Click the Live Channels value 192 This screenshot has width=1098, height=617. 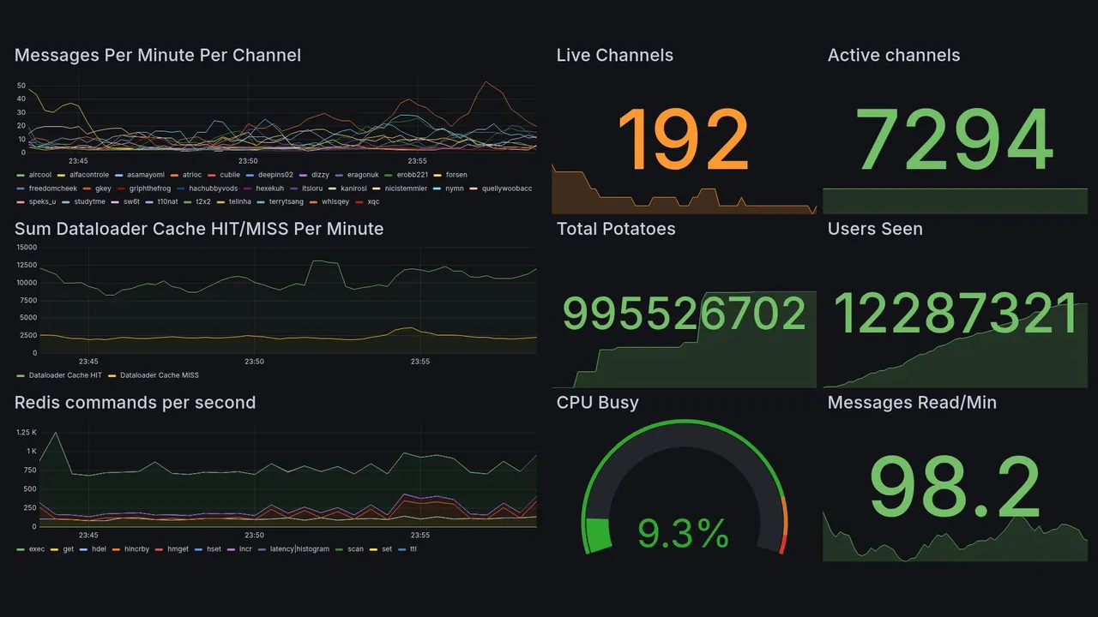pos(683,140)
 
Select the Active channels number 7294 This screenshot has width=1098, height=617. pos(955,140)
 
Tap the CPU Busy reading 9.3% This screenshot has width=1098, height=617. pos(683,534)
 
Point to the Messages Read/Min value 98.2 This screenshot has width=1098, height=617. pos(955,488)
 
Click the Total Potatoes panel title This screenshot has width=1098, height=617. pos(615,229)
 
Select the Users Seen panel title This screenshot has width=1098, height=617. pos(875,229)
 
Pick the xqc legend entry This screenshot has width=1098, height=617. pos(373,202)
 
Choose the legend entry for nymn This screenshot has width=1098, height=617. pos(454,189)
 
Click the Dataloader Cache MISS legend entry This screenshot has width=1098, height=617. pos(159,375)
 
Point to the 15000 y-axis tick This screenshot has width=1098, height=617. pos(26,248)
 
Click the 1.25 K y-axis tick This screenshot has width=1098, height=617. pos(26,433)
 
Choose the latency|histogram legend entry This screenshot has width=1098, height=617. pos(299,549)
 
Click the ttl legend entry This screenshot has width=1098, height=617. pos(413,549)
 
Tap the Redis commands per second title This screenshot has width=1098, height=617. pos(135,403)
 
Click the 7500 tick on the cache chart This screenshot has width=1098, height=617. pos(27,300)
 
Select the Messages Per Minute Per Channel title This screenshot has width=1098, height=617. pos(158,56)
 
